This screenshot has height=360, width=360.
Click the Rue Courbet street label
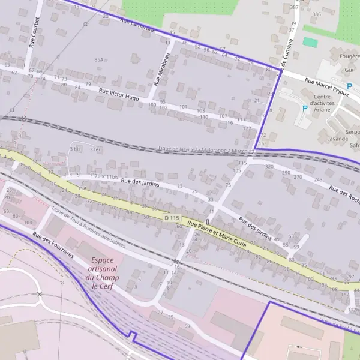coord(34,32)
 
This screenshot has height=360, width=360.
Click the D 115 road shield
coord(172,218)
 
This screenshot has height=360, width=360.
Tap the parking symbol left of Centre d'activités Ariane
coord(305,109)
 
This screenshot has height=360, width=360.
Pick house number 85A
coord(99,60)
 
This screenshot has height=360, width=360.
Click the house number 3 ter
coord(95,149)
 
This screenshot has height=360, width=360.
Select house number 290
coord(286,173)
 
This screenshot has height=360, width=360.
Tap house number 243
coord(318,179)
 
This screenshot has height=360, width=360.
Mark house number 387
coord(294,7)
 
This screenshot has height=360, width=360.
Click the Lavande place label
coord(337,139)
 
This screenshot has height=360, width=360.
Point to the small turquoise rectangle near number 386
coord(310,42)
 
